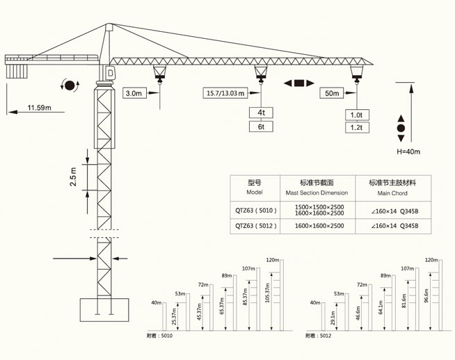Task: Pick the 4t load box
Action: tap(261, 113)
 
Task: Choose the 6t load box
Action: tap(261, 126)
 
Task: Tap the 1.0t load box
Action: tap(357, 115)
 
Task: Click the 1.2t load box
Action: tap(357, 127)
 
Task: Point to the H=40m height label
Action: tap(408, 151)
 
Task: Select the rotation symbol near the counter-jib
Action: tap(69, 85)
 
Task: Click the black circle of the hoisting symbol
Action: tap(401, 129)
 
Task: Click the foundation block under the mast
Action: tap(104, 310)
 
